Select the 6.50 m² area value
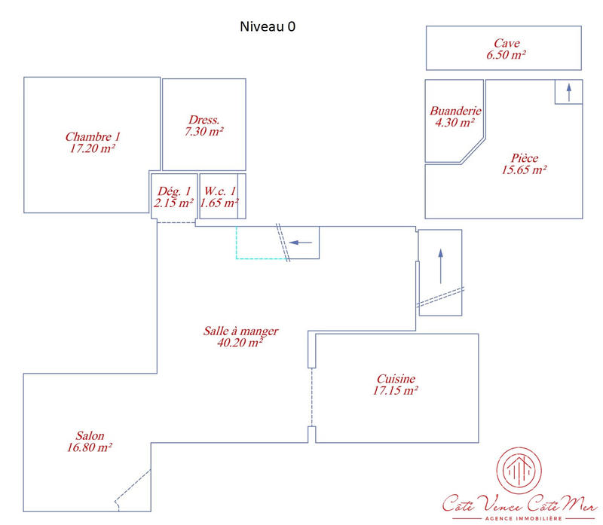tap(506, 55)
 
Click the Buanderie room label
tap(455, 111)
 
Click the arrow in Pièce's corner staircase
tap(569, 92)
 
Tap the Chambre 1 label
tap(93, 137)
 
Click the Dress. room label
tap(204, 120)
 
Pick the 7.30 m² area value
tap(204, 131)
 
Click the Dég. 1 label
tap(174, 191)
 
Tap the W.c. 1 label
tap(219, 191)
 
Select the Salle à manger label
tap(241, 331)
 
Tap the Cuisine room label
tap(396, 380)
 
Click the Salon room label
tap(90, 436)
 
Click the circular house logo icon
tap(519, 471)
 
